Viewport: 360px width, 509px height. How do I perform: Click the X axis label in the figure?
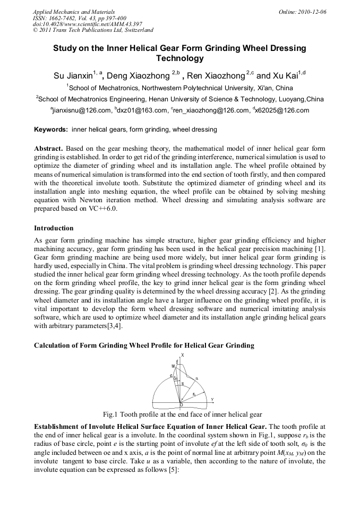(x=183, y=355)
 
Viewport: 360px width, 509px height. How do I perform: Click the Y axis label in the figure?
(x=212, y=399)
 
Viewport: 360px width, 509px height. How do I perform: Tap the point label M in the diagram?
(x=173, y=366)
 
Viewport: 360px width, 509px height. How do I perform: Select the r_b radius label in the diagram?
(x=195, y=394)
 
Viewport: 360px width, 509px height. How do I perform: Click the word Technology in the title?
(x=179, y=58)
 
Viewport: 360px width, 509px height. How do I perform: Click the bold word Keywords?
(x=51, y=130)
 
